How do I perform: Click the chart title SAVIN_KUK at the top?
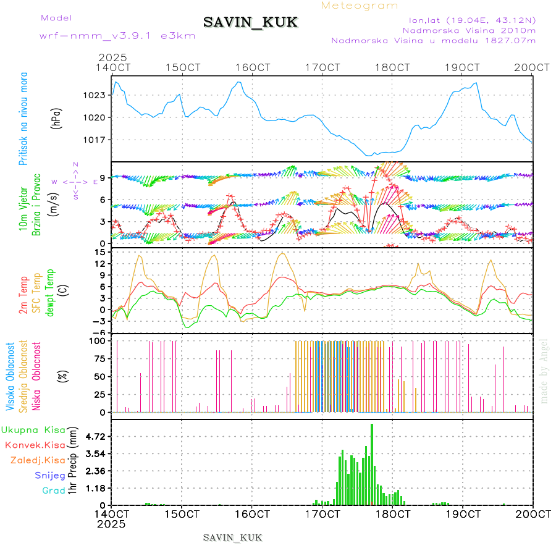[251, 23]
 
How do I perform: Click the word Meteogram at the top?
[360, 6]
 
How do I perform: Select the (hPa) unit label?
[56, 118]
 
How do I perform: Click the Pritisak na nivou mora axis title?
[24, 119]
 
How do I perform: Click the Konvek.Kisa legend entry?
[35, 445]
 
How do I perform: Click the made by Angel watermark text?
[544, 371]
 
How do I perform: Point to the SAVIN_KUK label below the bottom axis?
[233, 537]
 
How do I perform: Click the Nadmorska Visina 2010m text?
[469, 30]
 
